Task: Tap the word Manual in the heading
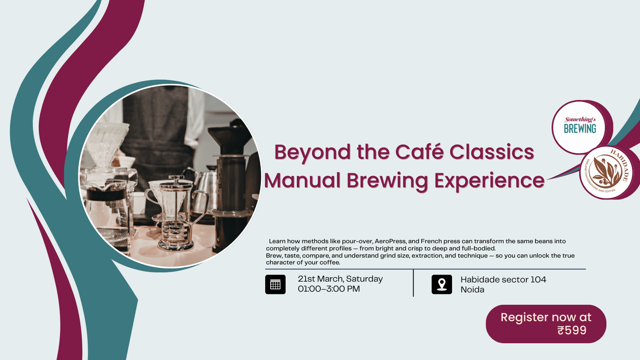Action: point(302,180)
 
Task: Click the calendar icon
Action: point(275,284)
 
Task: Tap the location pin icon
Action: point(442,284)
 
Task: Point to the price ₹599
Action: point(572,330)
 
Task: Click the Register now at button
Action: point(546,324)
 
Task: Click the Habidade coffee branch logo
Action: point(606,172)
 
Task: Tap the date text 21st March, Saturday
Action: point(340,279)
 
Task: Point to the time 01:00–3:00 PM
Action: point(329,289)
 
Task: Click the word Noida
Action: point(472,290)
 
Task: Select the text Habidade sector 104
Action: point(503,280)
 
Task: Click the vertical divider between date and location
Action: point(413,283)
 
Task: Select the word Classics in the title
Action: point(492,152)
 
